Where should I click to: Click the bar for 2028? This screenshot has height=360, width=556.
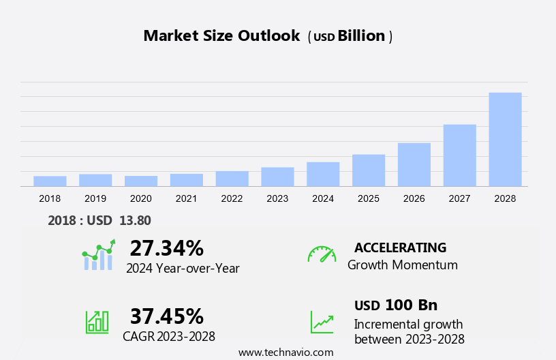(505, 139)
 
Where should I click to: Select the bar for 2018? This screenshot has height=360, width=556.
(50, 181)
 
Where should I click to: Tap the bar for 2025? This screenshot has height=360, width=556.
(369, 170)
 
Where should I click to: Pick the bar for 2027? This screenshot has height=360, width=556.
(459, 155)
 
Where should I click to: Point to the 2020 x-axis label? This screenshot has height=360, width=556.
(140, 198)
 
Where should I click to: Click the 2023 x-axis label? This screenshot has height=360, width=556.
(277, 198)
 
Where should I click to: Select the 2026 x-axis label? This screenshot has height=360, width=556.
(414, 198)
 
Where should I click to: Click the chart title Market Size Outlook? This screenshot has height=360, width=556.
(221, 36)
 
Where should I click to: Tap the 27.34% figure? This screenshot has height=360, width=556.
(166, 247)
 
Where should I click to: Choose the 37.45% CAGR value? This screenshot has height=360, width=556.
(166, 316)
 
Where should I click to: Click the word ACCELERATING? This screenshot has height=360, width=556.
(400, 247)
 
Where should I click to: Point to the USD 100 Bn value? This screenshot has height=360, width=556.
(396, 305)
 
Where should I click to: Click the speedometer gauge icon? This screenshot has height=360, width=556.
(322, 254)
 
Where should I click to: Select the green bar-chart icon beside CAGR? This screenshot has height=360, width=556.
(97, 322)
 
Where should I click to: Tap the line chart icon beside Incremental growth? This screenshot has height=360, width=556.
(322, 322)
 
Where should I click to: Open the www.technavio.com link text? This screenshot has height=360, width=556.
(286, 352)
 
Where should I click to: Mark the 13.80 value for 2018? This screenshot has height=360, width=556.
(135, 220)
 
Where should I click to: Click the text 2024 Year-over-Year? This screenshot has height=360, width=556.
(183, 269)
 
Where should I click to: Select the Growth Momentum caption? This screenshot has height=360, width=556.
(402, 265)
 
